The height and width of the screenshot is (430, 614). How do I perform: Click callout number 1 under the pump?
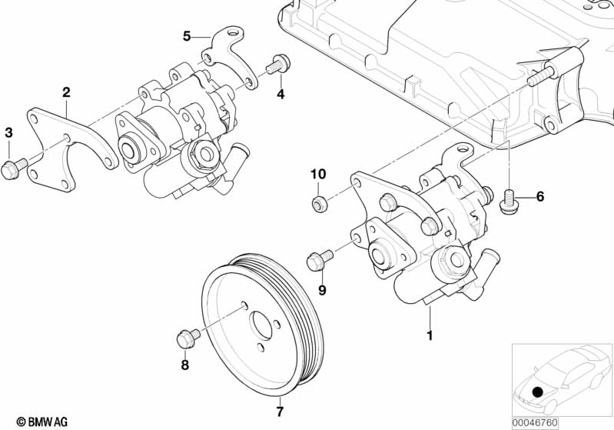click(430, 335)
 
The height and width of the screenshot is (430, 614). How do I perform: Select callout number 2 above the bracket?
click(66, 92)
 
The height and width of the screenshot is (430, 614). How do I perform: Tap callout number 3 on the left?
click(8, 133)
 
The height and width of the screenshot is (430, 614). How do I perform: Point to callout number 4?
click(280, 95)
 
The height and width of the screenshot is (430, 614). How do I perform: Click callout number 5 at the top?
click(186, 35)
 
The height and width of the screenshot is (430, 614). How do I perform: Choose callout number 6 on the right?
click(540, 197)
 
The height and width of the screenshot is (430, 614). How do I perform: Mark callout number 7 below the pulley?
click(280, 412)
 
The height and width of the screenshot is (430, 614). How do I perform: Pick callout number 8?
click(184, 365)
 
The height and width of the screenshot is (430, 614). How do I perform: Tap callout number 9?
click(322, 290)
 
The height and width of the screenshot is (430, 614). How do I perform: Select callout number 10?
click(318, 174)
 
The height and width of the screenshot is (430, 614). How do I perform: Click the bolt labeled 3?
click(15, 166)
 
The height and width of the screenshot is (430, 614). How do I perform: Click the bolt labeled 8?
click(187, 337)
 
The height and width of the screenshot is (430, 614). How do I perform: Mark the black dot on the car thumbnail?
click(538, 392)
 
